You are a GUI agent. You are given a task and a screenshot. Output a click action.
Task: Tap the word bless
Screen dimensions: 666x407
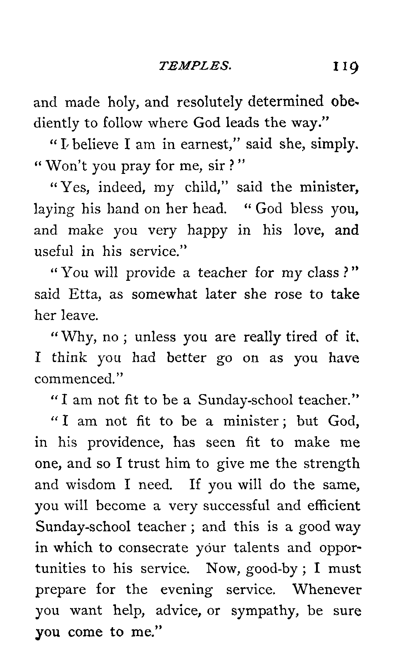304,209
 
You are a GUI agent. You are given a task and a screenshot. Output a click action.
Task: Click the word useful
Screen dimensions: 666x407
54,252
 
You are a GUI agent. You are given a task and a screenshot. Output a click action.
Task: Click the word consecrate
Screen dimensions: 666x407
153,548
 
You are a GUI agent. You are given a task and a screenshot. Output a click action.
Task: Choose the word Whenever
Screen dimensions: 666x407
326,590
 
